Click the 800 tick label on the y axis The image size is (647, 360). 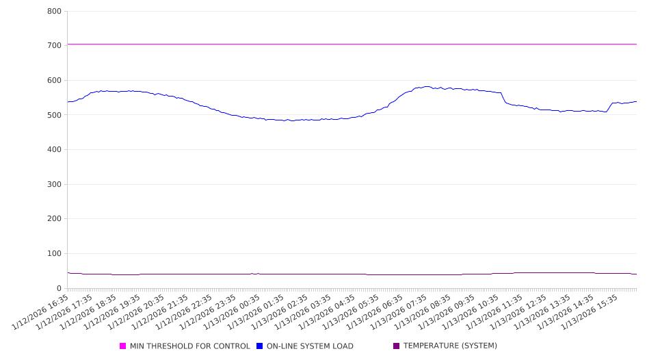point(55,12)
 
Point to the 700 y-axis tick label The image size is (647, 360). point(55,46)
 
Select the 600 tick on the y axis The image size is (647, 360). point(55,81)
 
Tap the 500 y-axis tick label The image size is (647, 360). point(55,115)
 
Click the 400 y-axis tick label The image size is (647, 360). point(55,150)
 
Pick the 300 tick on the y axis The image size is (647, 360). point(55,185)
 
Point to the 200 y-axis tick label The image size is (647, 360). point(55,219)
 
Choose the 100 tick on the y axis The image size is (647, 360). point(55,254)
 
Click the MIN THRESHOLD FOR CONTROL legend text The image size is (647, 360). point(189,346)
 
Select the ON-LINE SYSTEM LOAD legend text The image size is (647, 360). point(310,346)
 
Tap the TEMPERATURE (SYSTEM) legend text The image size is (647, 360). point(450,346)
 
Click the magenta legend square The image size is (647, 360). point(123,346)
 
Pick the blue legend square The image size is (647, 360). point(260,346)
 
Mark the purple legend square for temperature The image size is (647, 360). point(397,346)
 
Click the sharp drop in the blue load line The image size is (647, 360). point(503,98)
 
